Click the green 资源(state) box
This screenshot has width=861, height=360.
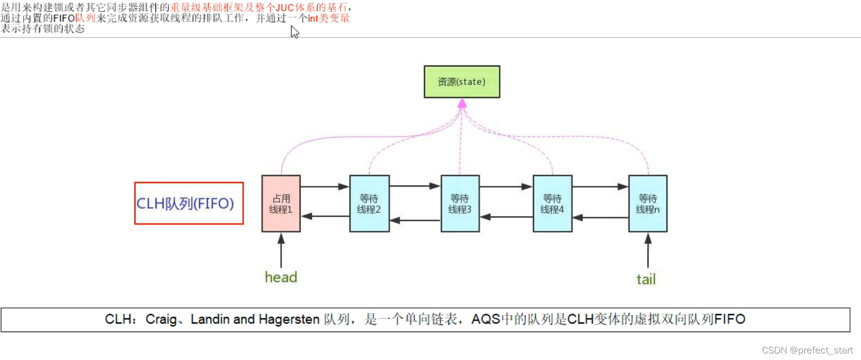(461, 81)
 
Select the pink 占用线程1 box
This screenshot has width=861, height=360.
(281, 203)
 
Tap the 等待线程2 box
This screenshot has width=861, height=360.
(369, 203)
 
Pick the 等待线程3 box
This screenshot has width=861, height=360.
(460, 203)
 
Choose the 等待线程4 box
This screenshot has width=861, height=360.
(552, 203)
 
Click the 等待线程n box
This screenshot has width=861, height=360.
(647, 203)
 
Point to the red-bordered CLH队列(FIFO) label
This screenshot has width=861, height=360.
(189, 203)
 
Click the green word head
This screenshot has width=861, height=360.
(281, 277)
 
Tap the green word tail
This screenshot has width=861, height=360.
(646, 279)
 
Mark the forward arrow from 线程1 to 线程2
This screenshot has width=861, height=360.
(325, 186)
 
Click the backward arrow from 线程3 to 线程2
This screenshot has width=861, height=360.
(415, 220)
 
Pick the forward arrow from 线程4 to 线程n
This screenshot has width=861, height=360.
(600, 186)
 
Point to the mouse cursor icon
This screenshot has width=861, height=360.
(294, 32)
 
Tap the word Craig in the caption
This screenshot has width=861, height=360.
(161, 319)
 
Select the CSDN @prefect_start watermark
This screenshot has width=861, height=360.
(807, 350)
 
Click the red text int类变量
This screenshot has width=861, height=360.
(328, 18)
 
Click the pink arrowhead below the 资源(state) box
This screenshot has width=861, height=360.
(462, 103)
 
